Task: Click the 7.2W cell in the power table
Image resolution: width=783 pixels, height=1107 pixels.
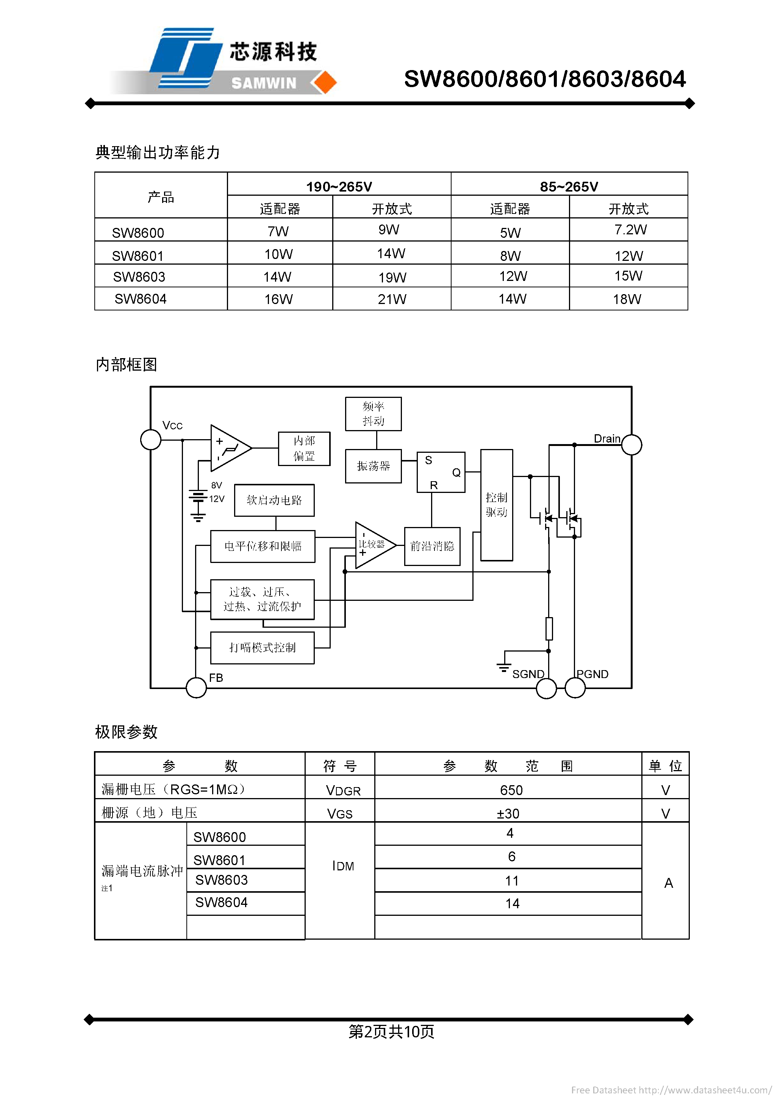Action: tap(630, 229)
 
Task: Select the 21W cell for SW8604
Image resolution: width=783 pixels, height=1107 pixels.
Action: tap(392, 299)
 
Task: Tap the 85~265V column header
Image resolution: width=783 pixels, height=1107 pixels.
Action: tap(569, 186)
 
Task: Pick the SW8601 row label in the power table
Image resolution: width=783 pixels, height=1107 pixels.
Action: tap(138, 256)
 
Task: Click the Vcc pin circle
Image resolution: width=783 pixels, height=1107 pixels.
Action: tap(150, 440)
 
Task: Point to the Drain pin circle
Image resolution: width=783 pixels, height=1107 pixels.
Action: tap(631, 444)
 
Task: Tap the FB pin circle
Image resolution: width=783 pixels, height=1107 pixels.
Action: tap(196, 688)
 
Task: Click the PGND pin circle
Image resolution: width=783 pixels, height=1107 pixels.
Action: tap(575, 688)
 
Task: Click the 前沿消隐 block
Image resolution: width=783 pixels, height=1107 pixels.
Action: tap(432, 546)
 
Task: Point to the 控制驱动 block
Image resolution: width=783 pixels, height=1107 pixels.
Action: tap(497, 505)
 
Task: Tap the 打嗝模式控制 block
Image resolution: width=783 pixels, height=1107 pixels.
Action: tap(263, 647)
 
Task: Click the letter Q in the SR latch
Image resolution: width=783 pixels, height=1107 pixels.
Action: tap(456, 472)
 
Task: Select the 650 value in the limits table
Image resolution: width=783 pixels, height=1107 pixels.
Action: tap(511, 790)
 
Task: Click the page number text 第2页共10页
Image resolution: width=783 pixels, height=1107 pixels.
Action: tap(391, 1031)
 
